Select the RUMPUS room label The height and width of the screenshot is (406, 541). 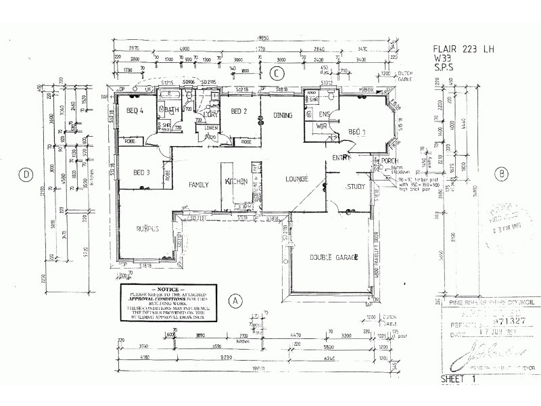[147, 228]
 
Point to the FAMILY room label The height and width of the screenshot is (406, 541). [198, 184]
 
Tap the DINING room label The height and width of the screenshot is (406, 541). [282, 116]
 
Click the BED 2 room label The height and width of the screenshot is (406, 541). [239, 111]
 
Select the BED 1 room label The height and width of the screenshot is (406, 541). [357, 131]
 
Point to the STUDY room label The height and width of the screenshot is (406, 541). [356, 187]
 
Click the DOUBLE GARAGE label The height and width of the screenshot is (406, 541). [329, 257]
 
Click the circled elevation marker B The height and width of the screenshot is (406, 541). [501, 173]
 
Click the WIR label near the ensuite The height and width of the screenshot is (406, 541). [323, 126]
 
